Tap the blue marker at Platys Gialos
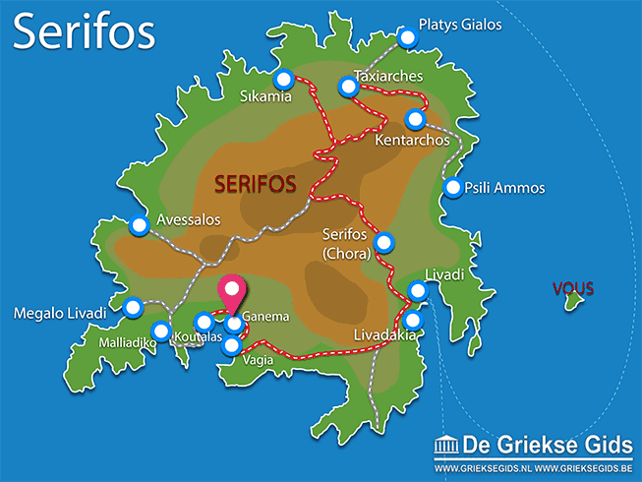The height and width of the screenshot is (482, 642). (407, 36)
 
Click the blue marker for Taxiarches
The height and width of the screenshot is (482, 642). (348, 87)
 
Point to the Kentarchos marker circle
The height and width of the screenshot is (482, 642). (415, 119)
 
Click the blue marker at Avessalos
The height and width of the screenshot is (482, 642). (139, 225)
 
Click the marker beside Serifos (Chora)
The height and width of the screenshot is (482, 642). (384, 241)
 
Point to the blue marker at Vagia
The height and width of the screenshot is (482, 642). (231, 344)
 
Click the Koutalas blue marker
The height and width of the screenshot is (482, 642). (204, 321)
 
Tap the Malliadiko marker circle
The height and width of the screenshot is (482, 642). (159, 331)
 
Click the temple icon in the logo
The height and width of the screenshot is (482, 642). (445, 448)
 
